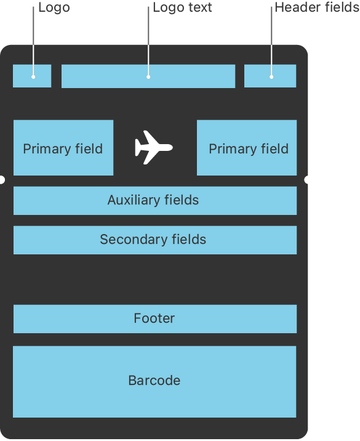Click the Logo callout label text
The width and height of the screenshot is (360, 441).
[54, 8]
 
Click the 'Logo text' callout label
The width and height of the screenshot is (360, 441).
[182, 8]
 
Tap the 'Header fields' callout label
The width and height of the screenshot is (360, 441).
[317, 7]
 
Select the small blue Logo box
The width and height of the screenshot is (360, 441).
[32, 76]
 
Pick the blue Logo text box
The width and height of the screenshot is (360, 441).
[148, 76]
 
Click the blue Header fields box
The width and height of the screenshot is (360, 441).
[270, 76]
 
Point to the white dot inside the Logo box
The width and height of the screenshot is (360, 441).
[33, 77]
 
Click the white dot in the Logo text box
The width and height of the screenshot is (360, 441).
[148, 77]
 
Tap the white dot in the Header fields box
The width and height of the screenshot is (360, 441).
[271, 77]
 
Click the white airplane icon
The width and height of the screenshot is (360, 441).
[153, 147]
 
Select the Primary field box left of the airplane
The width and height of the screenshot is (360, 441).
[63, 148]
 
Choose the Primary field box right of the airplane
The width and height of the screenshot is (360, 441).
[247, 148]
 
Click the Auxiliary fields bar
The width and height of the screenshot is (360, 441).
[155, 201]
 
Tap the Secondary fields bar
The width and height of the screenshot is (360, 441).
[155, 240]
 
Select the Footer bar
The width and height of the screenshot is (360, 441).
[155, 319]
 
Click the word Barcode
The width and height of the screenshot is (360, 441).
[154, 381]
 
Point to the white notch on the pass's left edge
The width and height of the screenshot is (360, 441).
[2, 180]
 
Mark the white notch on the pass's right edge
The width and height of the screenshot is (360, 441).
[306, 180]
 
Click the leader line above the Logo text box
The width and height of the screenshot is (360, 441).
[148, 41]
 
